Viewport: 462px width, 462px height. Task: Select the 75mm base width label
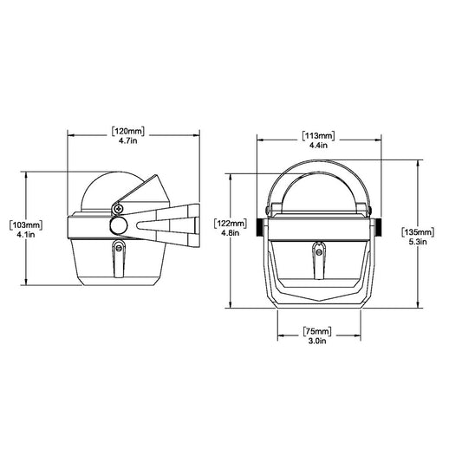[x=317, y=331]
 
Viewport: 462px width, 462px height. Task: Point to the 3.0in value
[x=317, y=343]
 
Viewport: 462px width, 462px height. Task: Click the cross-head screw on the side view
[x=117, y=207]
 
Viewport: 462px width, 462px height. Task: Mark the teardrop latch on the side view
[x=117, y=256]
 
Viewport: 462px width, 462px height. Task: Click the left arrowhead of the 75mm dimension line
[x=279, y=337]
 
